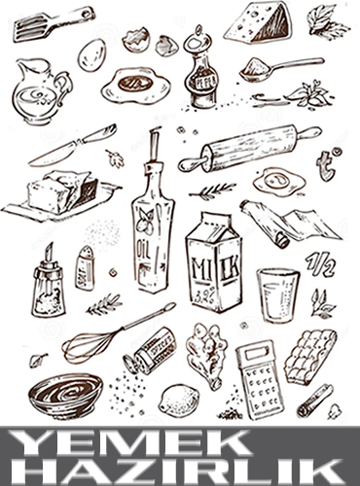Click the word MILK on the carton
tap(216, 267)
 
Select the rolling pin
tap(250, 148)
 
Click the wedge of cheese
tap(258, 22)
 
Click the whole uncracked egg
tap(92, 54)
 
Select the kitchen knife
tap(73, 145)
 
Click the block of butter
tap(61, 191)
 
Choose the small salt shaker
tap(86, 268)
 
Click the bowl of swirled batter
tap(65, 395)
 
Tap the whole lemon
tap(179, 400)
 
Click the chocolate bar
tap(309, 357)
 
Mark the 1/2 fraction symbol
tap(320, 264)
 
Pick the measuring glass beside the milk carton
tap(278, 295)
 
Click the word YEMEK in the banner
tap(128, 443)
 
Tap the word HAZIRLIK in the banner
tap(178, 471)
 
